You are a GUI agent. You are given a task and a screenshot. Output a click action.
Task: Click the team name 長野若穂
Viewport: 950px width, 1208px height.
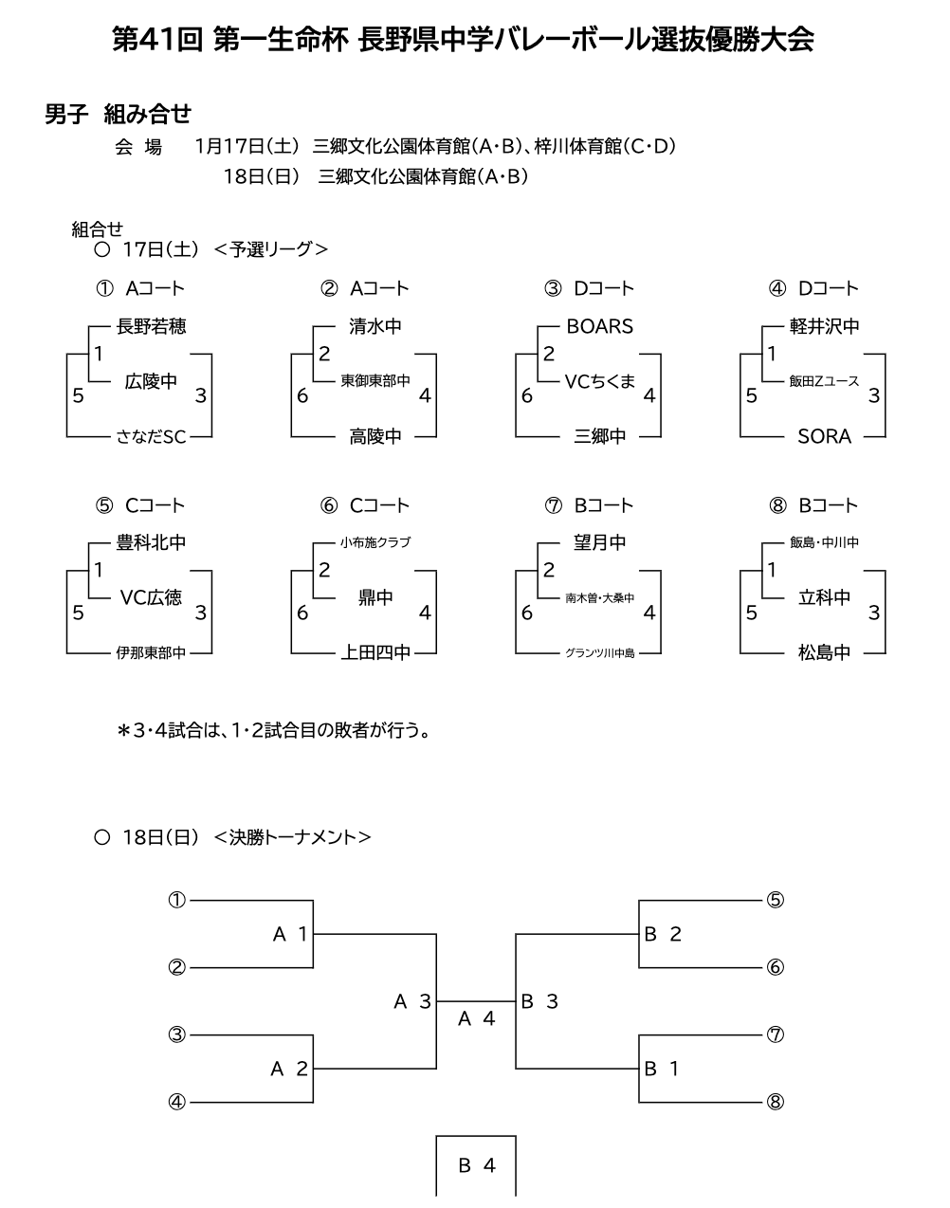point(151,326)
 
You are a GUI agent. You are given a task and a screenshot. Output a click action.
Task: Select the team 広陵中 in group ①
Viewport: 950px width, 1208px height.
point(151,381)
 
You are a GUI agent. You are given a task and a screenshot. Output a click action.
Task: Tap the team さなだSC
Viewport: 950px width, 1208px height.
point(151,436)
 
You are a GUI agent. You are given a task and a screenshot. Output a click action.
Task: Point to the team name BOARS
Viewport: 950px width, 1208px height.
point(599,326)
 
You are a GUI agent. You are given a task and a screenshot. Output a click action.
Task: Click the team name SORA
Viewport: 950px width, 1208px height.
point(824,436)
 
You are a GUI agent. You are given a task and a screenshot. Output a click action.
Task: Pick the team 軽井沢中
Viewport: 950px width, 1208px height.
point(824,326)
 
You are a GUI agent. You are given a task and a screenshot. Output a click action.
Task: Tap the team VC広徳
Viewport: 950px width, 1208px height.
point(151,597)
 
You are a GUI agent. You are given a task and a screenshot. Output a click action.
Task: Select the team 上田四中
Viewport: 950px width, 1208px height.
point(375,652)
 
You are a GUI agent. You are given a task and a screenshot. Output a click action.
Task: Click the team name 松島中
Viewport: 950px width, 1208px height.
point(824,652)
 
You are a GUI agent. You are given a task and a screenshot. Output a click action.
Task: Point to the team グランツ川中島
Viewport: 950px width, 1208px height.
point(599,653)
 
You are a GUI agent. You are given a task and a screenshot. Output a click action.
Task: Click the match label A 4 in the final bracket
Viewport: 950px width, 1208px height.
point(477,1019)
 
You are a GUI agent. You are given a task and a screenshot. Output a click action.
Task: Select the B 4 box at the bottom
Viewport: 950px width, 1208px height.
point(477,1165)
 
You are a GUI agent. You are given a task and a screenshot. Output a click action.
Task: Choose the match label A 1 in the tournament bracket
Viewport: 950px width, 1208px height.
point(290,934)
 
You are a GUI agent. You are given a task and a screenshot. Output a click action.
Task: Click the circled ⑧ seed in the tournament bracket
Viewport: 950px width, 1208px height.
point(775,1102)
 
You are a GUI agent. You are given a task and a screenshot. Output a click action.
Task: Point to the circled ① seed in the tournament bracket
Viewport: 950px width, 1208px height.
point(176,900)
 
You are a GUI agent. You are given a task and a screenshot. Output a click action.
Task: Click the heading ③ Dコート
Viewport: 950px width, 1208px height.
point(589,288)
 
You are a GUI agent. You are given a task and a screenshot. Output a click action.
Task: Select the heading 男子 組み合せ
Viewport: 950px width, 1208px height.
point(119,115)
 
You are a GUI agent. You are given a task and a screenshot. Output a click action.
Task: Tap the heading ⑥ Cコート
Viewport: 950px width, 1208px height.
point(365,505)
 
